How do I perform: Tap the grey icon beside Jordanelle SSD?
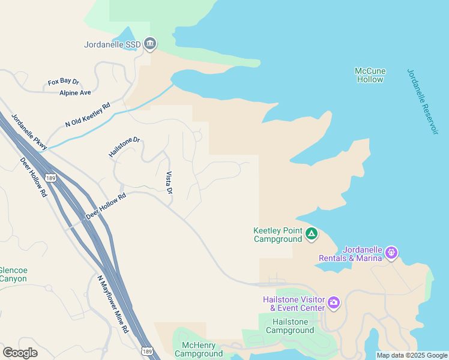[x=150, y=43]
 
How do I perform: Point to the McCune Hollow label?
[x=370, y=75]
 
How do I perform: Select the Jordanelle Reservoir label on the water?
[x=423, y=101]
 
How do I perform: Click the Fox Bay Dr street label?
[x=64, y=82]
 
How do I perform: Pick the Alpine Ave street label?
[x=75, y=93]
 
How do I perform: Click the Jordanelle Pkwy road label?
[x=29, y=131]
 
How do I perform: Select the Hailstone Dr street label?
[x=124, y=148]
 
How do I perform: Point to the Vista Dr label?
[x=169, y=183]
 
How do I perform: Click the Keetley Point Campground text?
[x=277, y=235]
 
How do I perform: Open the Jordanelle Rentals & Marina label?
[x=362, y=254]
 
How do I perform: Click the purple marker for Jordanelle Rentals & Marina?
[x=392, y=253]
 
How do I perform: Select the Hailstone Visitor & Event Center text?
[x=294, y=304]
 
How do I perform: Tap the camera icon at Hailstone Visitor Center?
[x=334, y=304]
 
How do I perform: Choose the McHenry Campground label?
[x=199, y=349]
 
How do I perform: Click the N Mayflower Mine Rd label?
[x=112, y=304]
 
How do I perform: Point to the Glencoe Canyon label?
[x=13, y=274]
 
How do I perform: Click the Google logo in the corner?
[x=20, y=353]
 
